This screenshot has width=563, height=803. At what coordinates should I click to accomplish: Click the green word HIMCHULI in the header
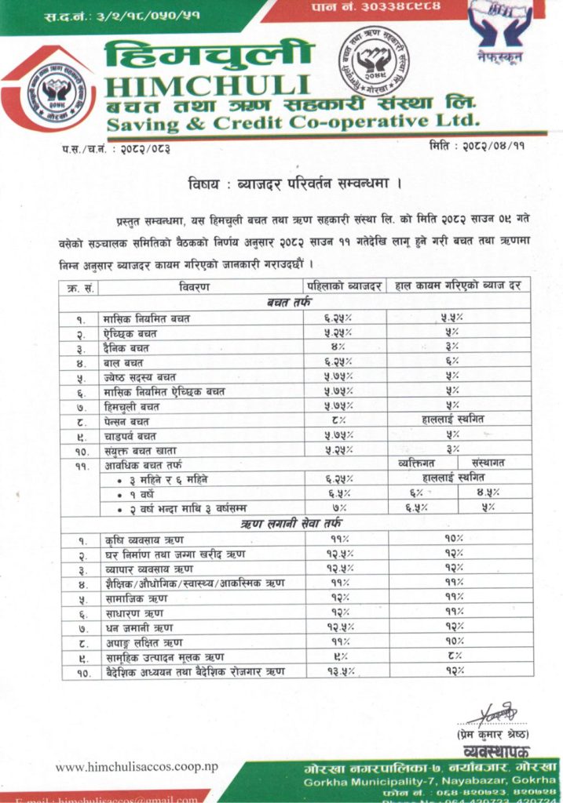206,85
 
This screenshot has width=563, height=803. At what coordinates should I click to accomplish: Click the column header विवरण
193,287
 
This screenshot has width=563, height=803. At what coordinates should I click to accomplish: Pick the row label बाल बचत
124,362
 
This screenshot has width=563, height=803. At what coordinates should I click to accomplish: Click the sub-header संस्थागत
488,463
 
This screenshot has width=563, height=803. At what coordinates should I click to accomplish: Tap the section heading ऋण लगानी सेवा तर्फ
294,523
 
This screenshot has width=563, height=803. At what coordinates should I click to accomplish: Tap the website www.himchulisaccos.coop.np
137,766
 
